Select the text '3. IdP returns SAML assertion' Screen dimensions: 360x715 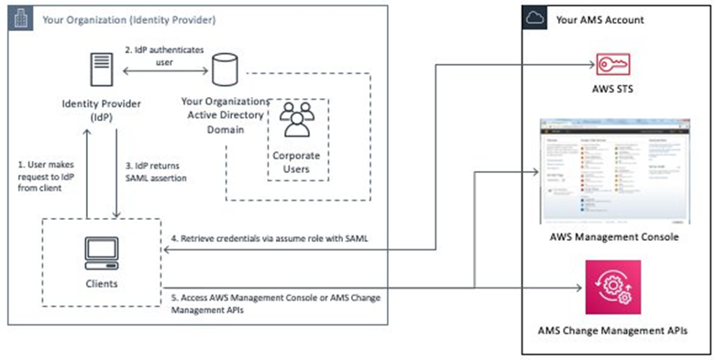pyautogui.click(x=161, y=170)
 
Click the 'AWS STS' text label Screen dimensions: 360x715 pyautogui.click(x=610, y=93)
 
